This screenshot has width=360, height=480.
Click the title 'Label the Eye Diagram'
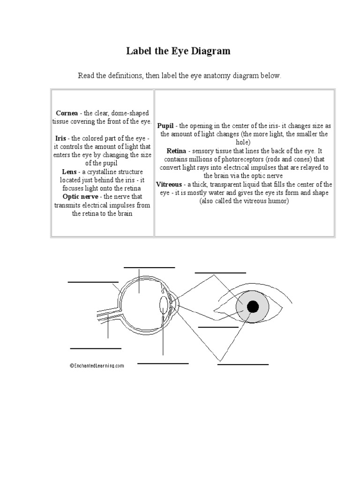coord(178,51)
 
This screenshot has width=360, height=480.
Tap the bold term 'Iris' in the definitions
coord(60,138)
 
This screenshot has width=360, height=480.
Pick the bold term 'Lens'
coord(70,172)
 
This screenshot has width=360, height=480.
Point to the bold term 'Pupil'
coord(165,126)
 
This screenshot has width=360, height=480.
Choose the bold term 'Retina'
coord(177,151)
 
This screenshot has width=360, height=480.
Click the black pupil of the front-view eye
coord(253,307)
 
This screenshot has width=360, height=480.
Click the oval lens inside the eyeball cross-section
coord(164,305)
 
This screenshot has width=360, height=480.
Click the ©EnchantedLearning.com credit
coord(97,366)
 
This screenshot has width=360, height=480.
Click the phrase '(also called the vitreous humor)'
coord(244,201)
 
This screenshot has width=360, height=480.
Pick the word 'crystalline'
coord(108,172)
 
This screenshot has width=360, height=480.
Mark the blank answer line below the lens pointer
coord(163,363)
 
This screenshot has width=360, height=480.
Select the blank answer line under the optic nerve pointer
coord(96,348)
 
